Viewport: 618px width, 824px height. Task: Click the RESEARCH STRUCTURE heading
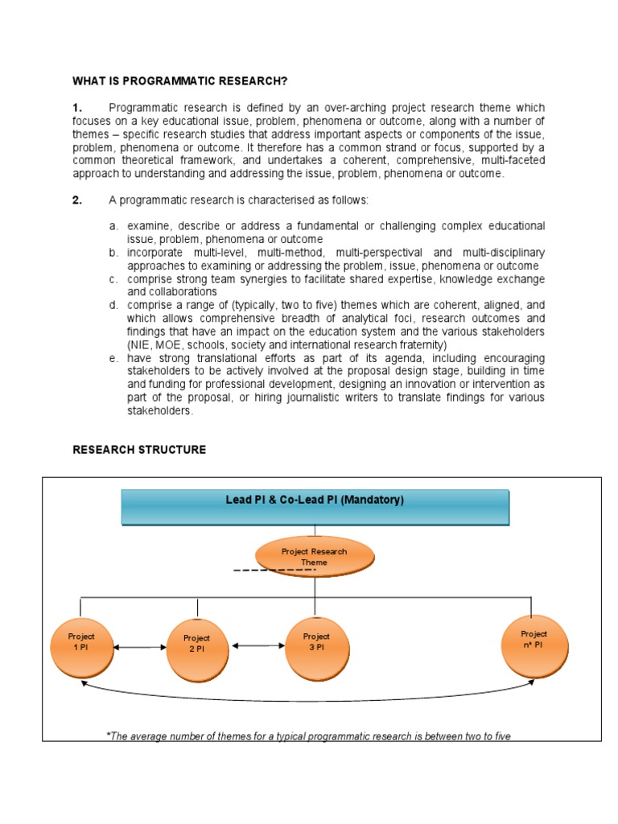click(x=139, y=450)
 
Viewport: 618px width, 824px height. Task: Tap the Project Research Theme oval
click(x=315, y=557)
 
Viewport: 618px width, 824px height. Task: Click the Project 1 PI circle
click(x=80, y=647)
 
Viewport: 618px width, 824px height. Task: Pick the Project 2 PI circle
click(x=197, y=649)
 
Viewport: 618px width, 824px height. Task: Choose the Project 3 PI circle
click(x=315, y=647)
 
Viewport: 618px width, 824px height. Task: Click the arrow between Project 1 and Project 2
click(x=139, y=648)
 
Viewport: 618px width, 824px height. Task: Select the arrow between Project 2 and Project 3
click(x=257, y=645)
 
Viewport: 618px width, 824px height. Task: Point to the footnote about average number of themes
click(x=308, y=735)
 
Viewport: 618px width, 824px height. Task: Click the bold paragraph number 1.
click(x=77, y=108)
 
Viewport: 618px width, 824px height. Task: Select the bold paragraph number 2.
click(x=77, y=200)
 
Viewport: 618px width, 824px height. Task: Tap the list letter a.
click(x=114, y=226)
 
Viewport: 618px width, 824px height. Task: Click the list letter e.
click(x=114, y=358)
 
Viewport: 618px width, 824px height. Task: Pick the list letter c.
click(x=114, y=279)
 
